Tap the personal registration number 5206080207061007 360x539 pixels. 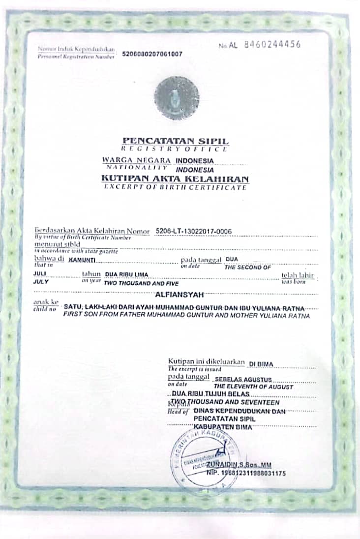(x=152, y=54)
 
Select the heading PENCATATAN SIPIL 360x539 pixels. (x=176, y=141)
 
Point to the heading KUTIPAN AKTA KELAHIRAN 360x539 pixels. (x=175, y=179)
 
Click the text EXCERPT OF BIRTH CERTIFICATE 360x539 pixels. (x=175, y=187)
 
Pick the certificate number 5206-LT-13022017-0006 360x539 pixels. (x=193, y=231)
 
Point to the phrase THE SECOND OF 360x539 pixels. (x=248, y=268)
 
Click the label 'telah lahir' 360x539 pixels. (x=297, y=275)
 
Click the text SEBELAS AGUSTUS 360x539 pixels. (x=243, y=380)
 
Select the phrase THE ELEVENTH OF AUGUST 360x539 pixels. (x=253, y=387)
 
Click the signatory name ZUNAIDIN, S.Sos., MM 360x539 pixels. (x=239, y=464)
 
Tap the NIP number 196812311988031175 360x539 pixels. (x=246, y=473)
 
